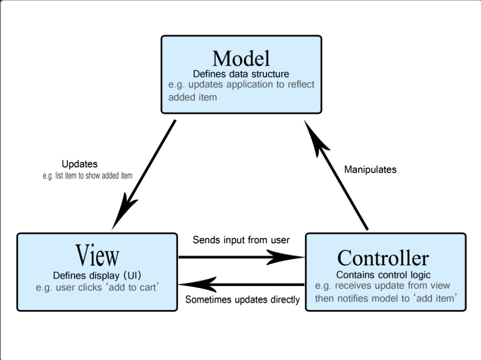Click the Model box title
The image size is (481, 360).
coord(241,58)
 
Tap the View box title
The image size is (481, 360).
coord(97,255)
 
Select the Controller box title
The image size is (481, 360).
coord(383,258)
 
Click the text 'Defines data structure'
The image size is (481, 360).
coord(241,74)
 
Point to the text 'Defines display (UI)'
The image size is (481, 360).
coord(97,275)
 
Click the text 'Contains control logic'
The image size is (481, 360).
coord(383,275)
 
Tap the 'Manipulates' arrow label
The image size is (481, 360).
coord(370,170)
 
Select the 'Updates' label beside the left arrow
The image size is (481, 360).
coord(80,164)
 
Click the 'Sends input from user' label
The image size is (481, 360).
coord(241,240)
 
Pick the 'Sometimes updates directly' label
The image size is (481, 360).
coord(242,300)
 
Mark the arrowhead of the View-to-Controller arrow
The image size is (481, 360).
coord(284,257)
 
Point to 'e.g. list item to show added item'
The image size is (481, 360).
coord(87,176)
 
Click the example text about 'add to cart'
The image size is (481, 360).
coord(97,287)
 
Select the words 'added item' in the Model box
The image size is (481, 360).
coord(192,97)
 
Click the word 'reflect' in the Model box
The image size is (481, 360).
coord(301,84)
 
